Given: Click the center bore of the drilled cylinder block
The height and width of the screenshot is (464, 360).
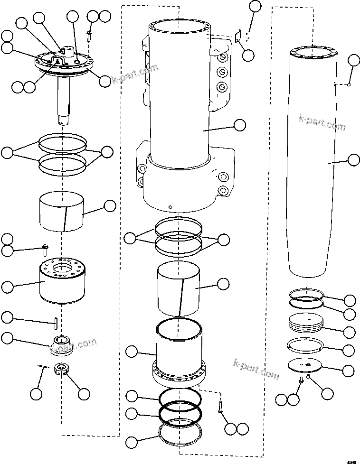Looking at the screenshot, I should (x=62, y=270).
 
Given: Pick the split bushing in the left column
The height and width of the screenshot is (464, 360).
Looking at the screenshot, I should (x=62, y=212).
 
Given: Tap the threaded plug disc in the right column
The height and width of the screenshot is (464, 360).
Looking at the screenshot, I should (x=306, y=324).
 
